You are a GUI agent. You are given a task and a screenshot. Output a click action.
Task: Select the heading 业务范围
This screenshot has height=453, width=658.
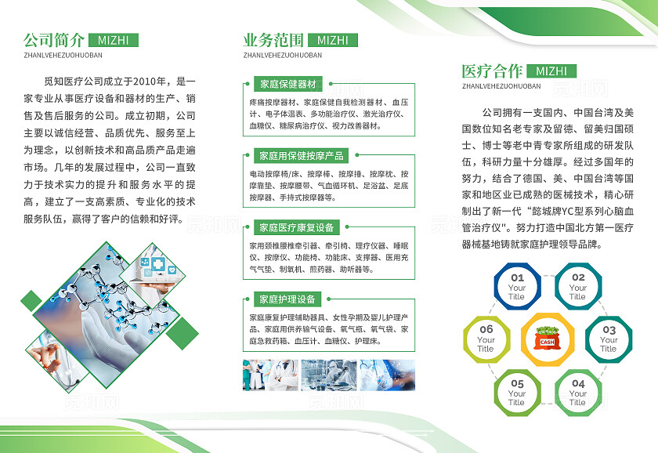point(273,39)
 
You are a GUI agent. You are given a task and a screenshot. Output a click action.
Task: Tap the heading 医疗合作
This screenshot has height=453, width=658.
point(492,71)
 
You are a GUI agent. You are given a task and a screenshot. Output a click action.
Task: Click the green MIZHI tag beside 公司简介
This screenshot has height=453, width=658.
point(114,40)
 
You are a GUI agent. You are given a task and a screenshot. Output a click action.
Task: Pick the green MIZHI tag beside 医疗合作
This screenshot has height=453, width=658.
point(551,71)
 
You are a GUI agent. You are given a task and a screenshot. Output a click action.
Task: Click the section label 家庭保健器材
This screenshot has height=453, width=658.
point(287,84)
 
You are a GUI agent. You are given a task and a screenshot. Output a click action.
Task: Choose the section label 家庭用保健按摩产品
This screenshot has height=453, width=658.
point(302,156)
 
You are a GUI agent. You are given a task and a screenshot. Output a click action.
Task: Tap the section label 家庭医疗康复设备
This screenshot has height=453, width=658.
point(297,227)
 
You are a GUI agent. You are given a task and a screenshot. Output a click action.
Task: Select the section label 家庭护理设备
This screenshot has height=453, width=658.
point(287,299)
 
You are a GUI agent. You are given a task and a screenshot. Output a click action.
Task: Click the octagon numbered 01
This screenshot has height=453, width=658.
point(517,287)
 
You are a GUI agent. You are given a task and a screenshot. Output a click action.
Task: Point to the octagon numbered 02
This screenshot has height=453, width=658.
point(577,287)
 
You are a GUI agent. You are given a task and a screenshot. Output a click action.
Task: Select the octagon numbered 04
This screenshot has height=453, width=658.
point(577,393)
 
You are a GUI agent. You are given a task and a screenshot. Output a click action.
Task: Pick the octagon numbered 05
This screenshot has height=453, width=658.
point(517,393)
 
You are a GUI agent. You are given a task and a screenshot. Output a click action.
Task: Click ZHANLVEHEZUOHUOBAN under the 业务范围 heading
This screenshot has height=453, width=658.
point(283,56)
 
